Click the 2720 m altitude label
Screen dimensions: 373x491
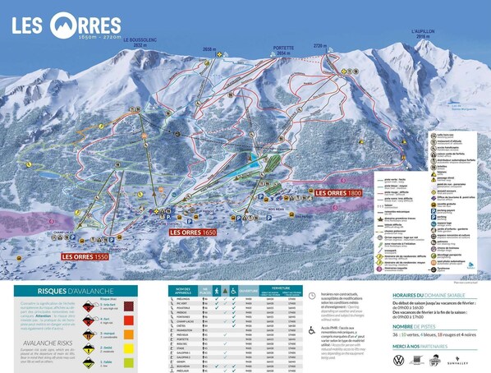320,48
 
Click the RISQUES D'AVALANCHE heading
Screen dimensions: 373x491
70,290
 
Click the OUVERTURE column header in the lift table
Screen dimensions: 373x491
248,290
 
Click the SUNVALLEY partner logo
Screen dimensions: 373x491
456,361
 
